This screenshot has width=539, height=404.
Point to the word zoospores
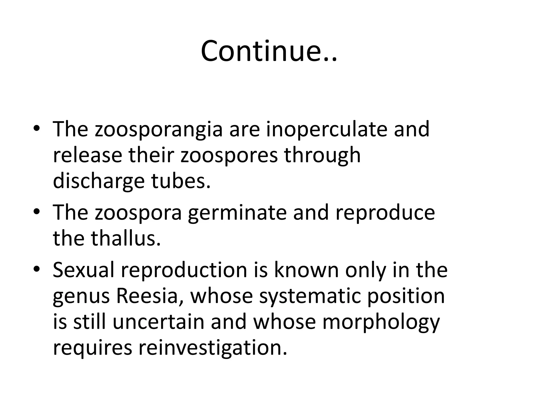229,155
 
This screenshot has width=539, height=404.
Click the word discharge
99,181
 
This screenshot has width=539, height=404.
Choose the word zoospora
138,213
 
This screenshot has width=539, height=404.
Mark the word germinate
237,213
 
